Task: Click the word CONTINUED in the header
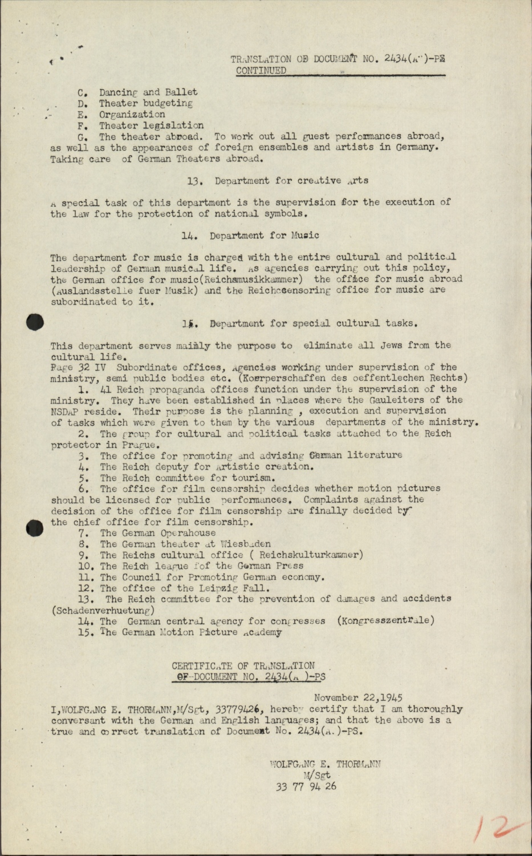(261, 71)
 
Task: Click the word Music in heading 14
(304, 235)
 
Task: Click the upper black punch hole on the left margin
(35, 322)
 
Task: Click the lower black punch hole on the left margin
(35, 528)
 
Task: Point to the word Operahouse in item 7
(188, 533)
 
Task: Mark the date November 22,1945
(358, 697)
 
